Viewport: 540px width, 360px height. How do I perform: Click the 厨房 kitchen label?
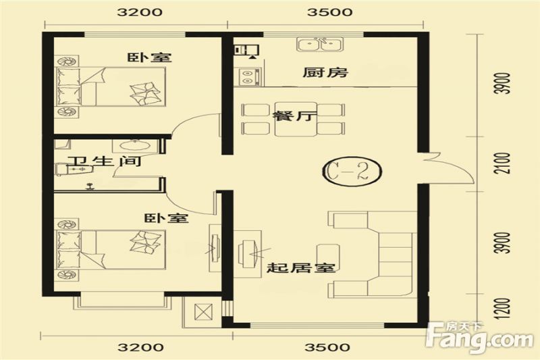click(x=325, y=72)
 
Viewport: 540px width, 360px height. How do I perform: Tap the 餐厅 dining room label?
click(x=294, y=115)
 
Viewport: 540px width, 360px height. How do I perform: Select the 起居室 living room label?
click(x=301, y=267)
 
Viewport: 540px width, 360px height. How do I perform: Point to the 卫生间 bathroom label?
click(x=104, y=161)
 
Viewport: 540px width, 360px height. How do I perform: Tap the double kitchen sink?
click(x=320, y=45)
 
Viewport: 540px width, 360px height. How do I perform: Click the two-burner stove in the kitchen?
click(x=248, y=76)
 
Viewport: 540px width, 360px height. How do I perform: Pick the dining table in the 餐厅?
click(x=296, y=119)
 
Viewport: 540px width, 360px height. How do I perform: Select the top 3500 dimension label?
click(x=329, y=12)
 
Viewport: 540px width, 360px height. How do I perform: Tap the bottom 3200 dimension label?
click(x=140, y=346)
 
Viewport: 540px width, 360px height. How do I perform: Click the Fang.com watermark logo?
click(x=479, y=338)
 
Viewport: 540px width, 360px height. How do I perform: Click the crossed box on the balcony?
click(x=204, y=312)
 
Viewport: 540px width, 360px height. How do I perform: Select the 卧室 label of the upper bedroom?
click(x=149, y=57)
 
